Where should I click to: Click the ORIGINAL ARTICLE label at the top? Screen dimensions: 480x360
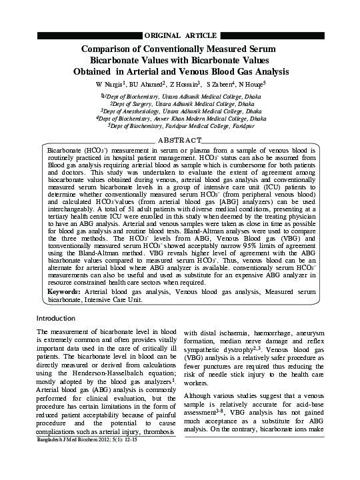(x=179, y=34)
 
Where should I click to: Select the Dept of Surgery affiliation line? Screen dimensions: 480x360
(x=182, y=104)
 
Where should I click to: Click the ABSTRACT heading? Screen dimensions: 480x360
(x=179, y=140)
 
